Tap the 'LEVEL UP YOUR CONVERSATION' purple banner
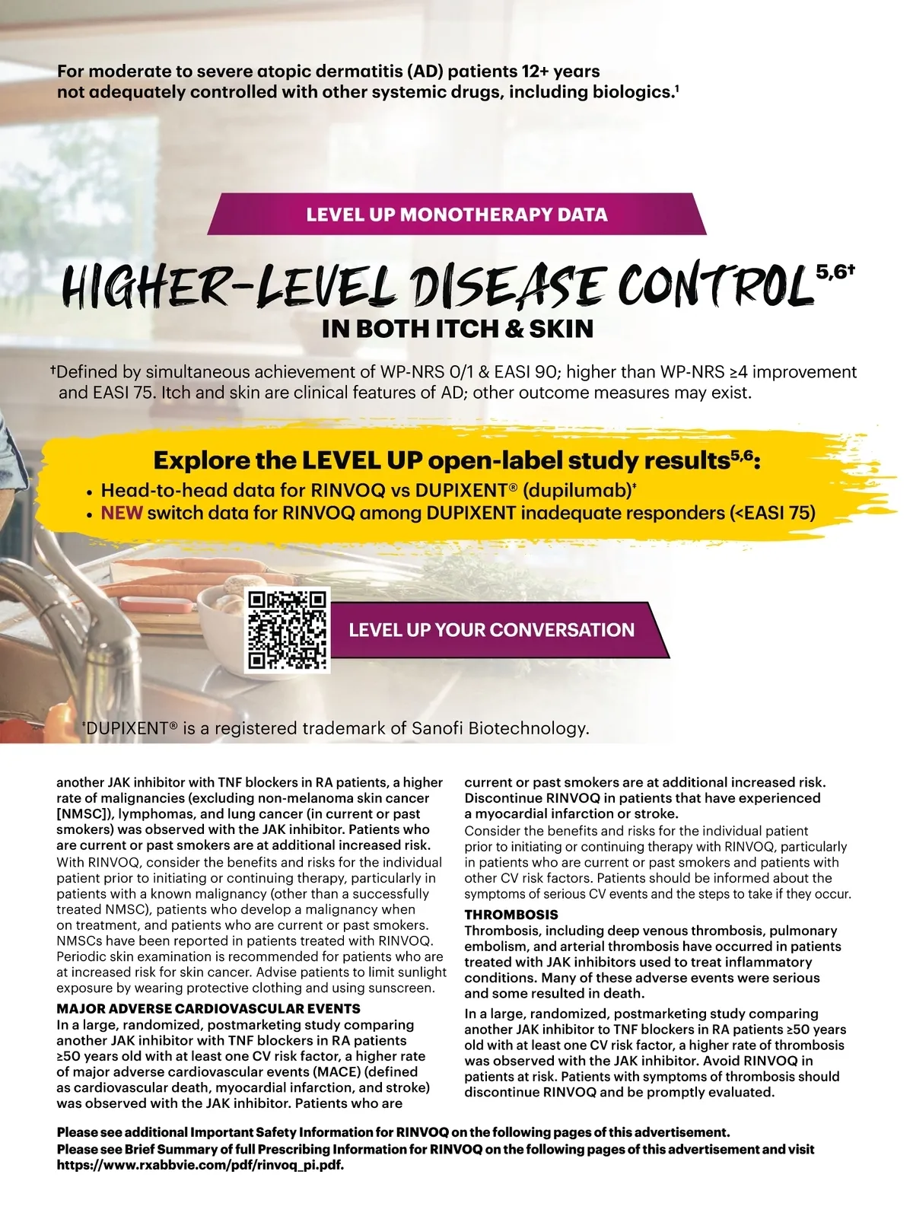491,630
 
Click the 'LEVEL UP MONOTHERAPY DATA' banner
456,214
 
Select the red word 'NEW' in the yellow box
122,513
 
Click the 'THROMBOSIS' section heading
511,915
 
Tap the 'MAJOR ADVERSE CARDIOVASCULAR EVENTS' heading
208,1009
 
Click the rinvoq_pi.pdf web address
201,1165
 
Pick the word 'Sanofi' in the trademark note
437,728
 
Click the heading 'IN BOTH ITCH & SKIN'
457,329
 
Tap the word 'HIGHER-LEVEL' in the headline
228,286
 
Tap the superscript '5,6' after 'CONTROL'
831,270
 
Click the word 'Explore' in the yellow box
199,460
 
